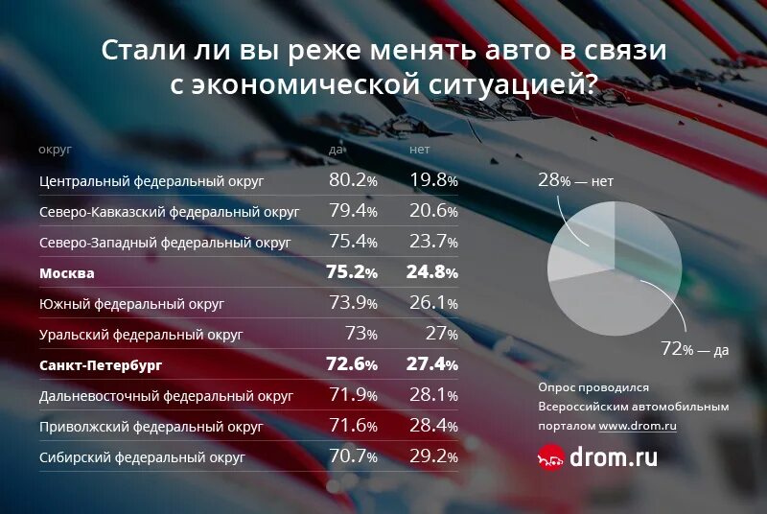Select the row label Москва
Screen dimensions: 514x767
pyautogui.click(x=67, y=273)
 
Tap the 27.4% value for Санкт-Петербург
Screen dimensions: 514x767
pyautogui.click(x=433, y=365)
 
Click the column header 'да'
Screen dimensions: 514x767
pyautogui.click(x=337, y=150)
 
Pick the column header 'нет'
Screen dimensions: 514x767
pyautogui.click(x=420, y=150)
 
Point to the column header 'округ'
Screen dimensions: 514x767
pyautogui.click(x=56, y=150)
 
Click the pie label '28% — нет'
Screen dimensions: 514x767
pyautogui.click(x=575, y=179)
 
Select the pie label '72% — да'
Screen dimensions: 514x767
pyautogui.click(x=695, y=349)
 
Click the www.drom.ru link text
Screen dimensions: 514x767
pyautogui.click(x=638, y=425)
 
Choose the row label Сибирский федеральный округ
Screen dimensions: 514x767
pyautogui.click(x=142, y=457)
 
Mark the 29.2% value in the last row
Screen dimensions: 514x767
pyautogui.click(x=433, y=457)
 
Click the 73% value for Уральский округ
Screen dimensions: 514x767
pyautogui.click(x=360, y=335)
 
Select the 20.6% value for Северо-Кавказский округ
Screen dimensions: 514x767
pyautogui.click(x=433, y=211)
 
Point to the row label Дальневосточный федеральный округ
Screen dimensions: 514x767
pyautogui.click(x=166, y=395)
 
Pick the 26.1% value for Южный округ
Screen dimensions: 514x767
pyautogui.click(x=433, y=304)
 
